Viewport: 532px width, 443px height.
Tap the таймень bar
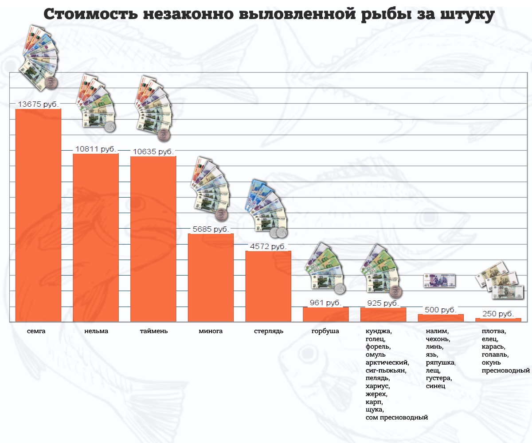[x=153, y=239]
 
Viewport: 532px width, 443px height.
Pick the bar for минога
[x=211, y=277]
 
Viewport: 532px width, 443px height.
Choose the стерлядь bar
[x=268, y=286]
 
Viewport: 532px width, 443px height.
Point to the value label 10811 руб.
[x=96, y=150]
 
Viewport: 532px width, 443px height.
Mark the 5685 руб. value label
[x=211, y=229]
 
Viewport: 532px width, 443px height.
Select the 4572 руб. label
[x=268, y=246]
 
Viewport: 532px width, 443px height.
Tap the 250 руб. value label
[x=498, y=314]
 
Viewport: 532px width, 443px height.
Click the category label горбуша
[x=325, y=331]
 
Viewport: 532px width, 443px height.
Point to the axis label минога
[x=211, y=331]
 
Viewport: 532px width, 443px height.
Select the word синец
[x=435, y=386]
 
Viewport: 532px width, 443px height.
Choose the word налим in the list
[x=437, y=331]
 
